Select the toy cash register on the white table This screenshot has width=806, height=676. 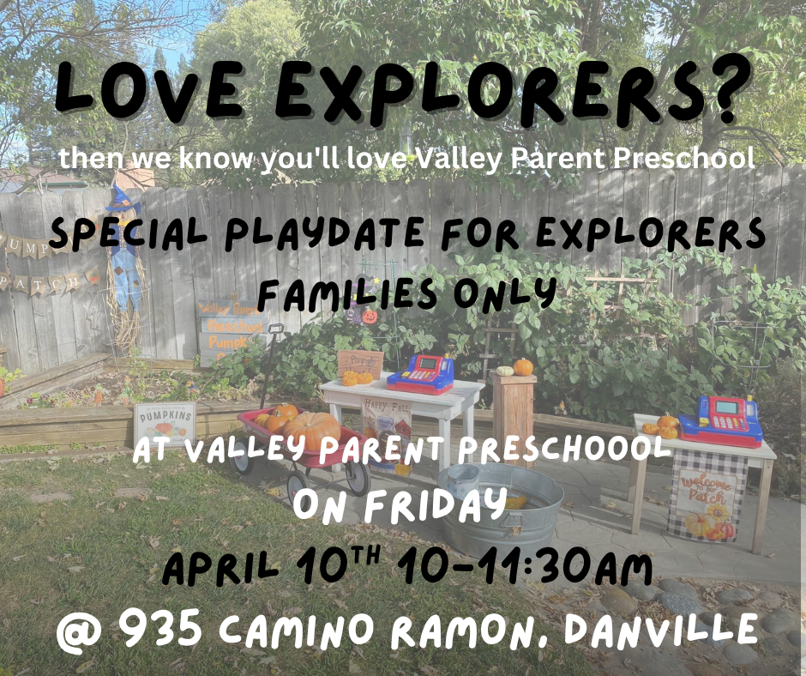[421, 373]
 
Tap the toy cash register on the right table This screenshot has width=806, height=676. [730, 420]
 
